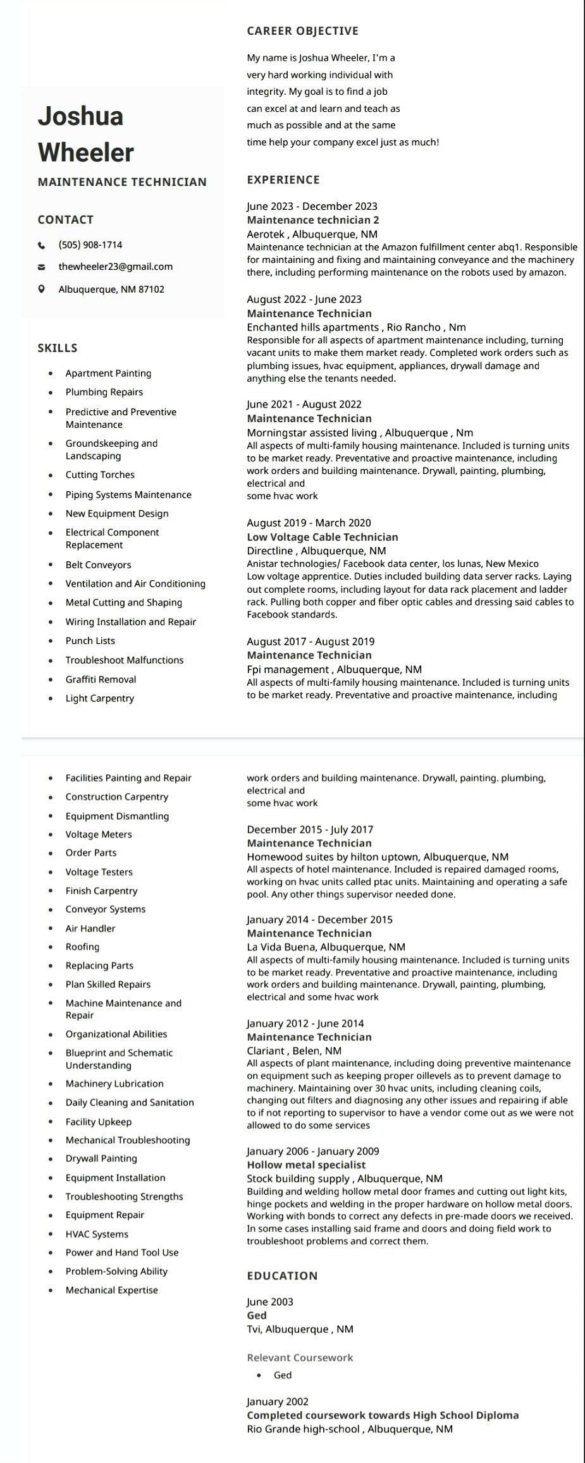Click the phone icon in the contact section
(42, 245)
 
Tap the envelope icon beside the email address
(42, 267)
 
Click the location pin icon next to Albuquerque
(42, 289)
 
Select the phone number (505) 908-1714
(90, 245)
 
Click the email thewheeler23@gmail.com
(116, 267)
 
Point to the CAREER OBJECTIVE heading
(302, 31)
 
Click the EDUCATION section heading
(282, 1275)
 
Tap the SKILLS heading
(58, 348)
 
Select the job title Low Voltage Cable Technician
(323, 537)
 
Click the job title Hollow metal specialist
(306, 1165)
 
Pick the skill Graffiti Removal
(101, 679)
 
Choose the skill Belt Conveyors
(98, 565)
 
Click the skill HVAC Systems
(97, 1234)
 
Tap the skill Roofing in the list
(82, 947)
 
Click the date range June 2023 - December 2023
(312, 206)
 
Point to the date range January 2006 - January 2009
(313, 1151)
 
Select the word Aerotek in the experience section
(266, 234)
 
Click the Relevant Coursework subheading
(300, 1357)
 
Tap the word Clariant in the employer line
(266, 1051)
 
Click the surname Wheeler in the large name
(86, 153)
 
